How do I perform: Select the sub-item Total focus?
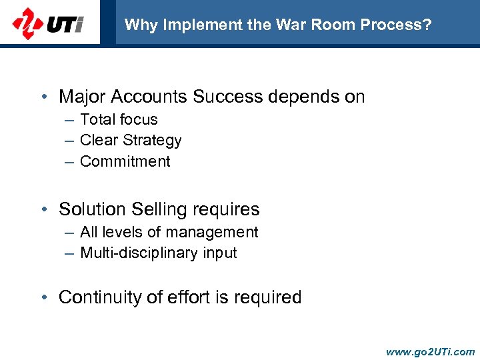119,120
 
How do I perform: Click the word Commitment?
125,161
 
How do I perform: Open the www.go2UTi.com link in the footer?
430,351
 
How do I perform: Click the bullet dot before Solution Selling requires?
43,209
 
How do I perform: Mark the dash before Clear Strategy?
70,141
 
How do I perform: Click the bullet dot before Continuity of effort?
43,297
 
